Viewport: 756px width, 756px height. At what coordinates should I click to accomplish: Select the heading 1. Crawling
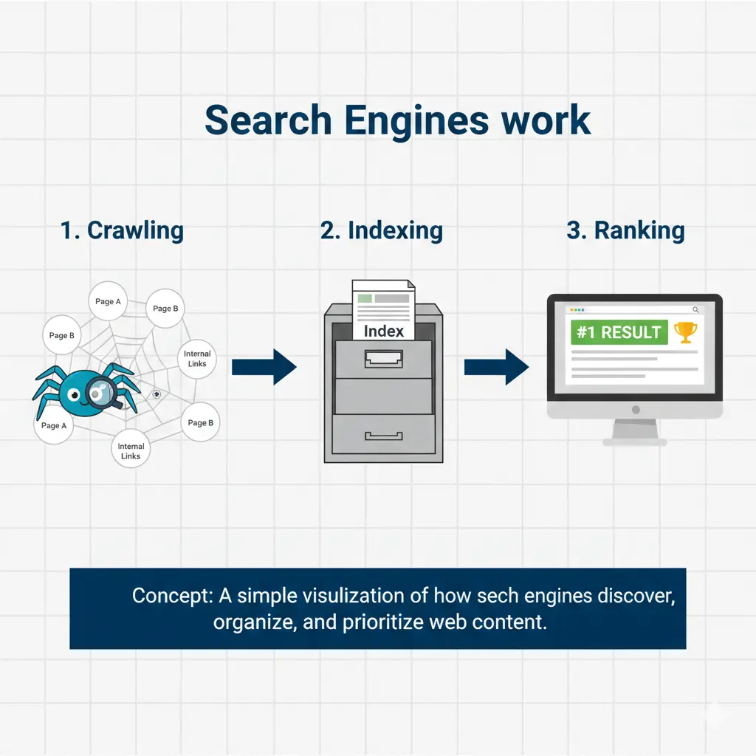tap(122, 230)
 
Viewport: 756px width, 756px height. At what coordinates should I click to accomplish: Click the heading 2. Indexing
tap(382, 230)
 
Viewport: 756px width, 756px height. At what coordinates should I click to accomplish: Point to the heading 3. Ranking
tap(625, 230)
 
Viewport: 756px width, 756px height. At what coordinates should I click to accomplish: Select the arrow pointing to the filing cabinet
tap(264, 367)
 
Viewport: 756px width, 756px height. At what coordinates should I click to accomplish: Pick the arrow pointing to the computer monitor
tap(496, 367)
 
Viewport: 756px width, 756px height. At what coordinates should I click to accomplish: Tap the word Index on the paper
tap(384, 331)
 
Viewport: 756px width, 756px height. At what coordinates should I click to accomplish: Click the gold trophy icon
tap(686, 332)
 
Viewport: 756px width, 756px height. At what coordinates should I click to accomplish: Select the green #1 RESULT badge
tap(619, 332)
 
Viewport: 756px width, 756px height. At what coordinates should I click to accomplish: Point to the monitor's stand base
tap(635, 441)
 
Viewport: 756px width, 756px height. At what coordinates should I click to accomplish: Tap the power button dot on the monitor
tap(635, 410)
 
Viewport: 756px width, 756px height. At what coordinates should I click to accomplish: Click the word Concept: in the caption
tap(168, 596)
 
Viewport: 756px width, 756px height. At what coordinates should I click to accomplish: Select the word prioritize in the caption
tap(383, 622)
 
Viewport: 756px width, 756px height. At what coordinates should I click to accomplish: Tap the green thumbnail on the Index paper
tap(363, 299)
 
